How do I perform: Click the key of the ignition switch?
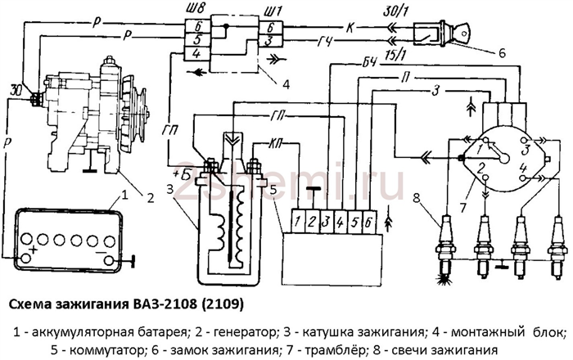(x=461, y=32)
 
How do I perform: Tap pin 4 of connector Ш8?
(x=196, y=54)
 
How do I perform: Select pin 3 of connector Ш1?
(x=270, y=40)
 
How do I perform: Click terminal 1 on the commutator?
(x=298, y=221)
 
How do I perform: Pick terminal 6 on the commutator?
(x=368, y=221)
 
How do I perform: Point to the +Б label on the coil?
(x=181, y=173)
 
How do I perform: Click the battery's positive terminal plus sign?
(x=34, y=250)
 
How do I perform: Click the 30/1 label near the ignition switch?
(x=395, y=13)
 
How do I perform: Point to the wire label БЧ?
(x=369, y=62)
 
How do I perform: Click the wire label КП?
(x=277, y=142)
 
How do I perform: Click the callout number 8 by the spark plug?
(x=417, y=198)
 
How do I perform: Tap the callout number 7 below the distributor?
(x=463, y=207)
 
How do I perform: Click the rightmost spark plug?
(x=558, y=248)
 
